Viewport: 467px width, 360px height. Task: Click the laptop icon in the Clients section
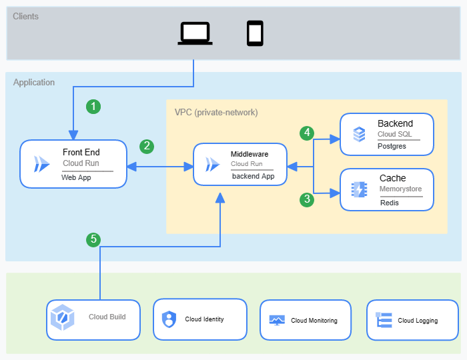(x=195, y=33)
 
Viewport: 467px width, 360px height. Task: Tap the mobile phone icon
(x=255, y=33)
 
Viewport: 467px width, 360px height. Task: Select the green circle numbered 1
(x=93, y=106)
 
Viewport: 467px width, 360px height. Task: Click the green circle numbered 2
(x=147, y=146)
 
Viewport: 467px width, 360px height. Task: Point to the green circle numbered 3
(x=307, y=199)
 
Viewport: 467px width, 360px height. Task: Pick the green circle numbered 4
(x=307, y=133)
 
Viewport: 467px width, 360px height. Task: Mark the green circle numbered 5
(x=93, y=239)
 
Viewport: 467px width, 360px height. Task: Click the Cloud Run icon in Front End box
(x=41, y=164)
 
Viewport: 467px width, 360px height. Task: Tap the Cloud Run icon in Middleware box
(x=212, y=165)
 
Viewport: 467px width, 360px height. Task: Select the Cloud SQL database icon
(x=359, y=134)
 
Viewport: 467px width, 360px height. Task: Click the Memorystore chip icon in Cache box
(x=359, y=189)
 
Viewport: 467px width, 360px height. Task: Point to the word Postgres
(x=392, y=147)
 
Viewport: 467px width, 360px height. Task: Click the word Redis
(x=389, y=203)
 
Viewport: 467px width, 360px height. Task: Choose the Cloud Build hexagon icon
(x=62, y=317)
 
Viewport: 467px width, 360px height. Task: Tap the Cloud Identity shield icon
(x=169, y=319)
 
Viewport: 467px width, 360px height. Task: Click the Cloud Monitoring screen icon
(x=277, y=320)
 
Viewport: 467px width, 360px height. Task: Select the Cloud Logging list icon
(x=384, y=320)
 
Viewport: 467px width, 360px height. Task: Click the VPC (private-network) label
(x=216, y=113)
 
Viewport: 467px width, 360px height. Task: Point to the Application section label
(x=34, y=82)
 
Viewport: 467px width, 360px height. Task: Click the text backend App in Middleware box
(x=253, y=176)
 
